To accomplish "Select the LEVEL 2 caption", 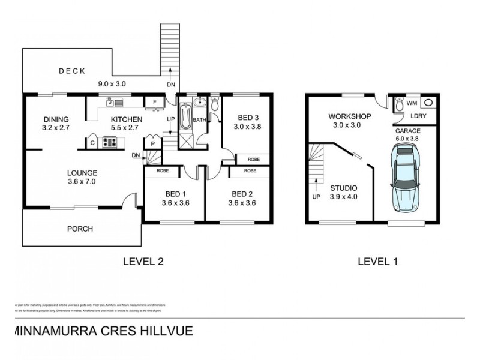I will (x=143, y=261).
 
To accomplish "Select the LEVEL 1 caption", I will (x=377, y=261).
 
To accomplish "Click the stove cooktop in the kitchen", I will (x=110, y=142).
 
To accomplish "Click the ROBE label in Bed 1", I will (x=162, y=171).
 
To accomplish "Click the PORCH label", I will (x=80, y=229).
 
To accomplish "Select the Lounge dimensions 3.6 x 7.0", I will (x=81, y=181).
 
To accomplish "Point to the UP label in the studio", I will (x=314, y=196).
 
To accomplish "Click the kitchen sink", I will (x=111, y=103).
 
